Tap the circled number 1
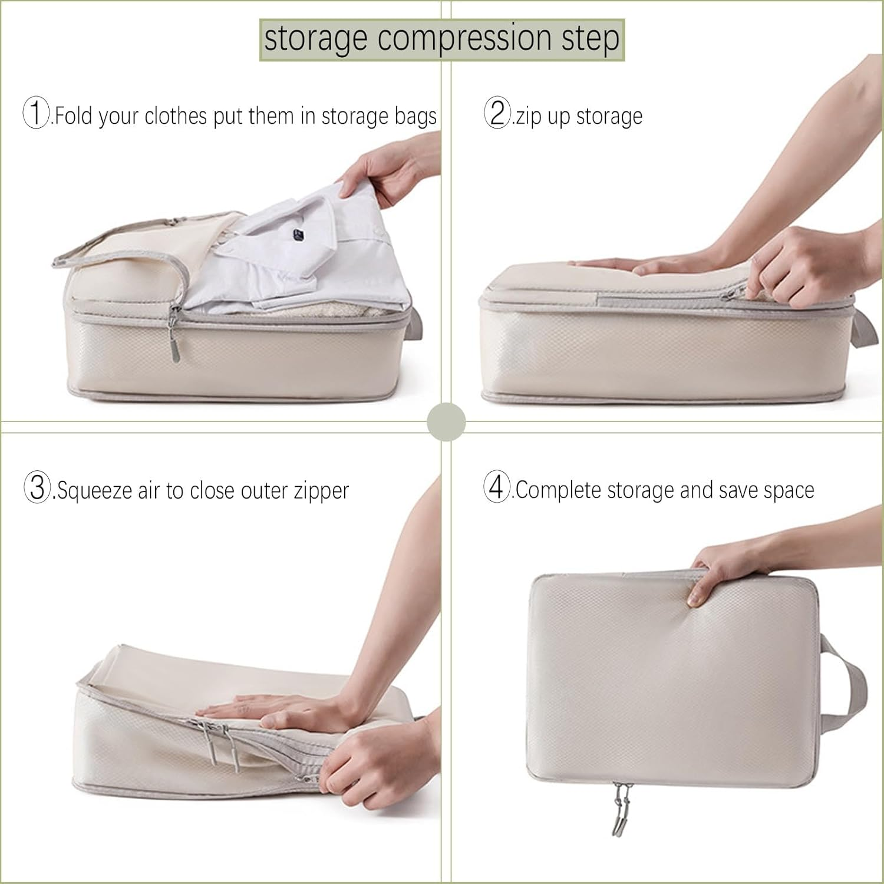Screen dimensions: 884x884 tap(35, 113)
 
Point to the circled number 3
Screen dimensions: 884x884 tap(37, 489)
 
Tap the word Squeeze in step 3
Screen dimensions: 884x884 tap(95, 491)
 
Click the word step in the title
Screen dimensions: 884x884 tap(593, 39)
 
